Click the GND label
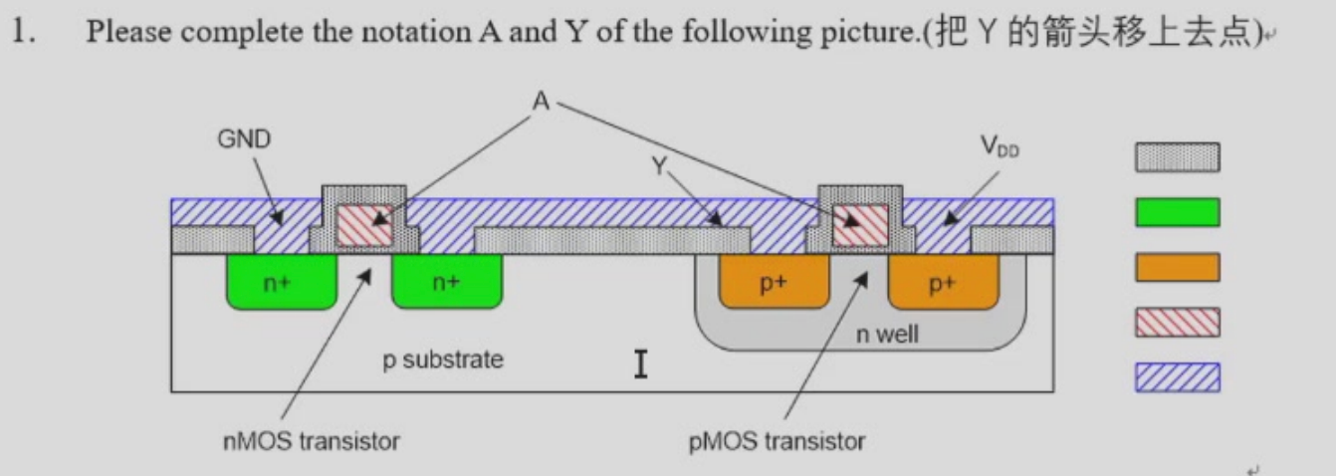click(244, 139)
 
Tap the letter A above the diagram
click(541, 101)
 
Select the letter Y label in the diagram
click(659, 165)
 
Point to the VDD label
click(1001, 146)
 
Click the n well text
click(887, 334)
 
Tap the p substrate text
click(443, 359)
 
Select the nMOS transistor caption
click(311, 441)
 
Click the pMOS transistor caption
click(777, 441)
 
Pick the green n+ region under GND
click(282, 282)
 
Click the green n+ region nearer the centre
click(447, 282)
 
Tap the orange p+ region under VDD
click(943, 282)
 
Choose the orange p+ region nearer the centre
click(775, 282)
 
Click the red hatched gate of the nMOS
click(364, 225)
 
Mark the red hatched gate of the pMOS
click(860, 225)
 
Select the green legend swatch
click(1178, 212)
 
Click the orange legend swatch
click(1178, 267)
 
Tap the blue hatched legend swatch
click(1178, 377)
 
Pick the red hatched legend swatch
click(1178, 322)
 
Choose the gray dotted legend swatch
click(1178, 157)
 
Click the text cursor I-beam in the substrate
click(640, 363)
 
